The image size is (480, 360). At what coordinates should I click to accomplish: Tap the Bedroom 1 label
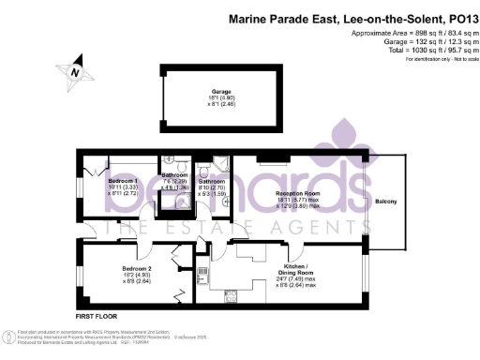click(123, 180)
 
